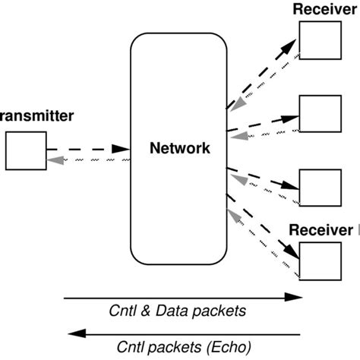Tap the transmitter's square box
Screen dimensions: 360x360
(24, 150)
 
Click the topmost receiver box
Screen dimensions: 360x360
(318, 39)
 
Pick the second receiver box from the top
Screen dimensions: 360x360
(318, 115)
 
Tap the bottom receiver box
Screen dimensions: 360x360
(318, 260)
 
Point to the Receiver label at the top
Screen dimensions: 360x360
(325, 9)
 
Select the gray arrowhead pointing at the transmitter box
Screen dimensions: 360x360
(54, 159)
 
